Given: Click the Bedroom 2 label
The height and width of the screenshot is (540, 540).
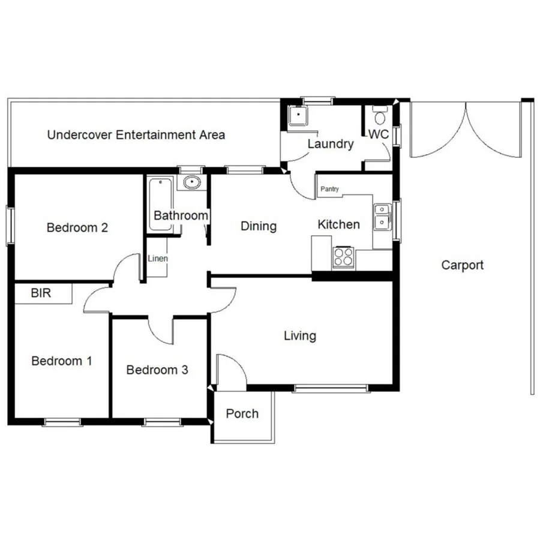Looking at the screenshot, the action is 77,228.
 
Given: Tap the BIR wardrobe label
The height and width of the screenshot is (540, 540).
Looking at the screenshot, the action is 41,293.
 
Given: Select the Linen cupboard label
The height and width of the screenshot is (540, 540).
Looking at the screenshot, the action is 158,259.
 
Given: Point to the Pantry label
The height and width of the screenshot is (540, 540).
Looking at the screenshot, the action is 329,189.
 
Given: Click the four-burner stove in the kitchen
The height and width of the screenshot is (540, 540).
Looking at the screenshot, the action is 343,257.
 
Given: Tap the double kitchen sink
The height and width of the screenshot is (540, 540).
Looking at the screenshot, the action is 382,217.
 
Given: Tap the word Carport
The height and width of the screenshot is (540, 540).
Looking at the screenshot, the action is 462,265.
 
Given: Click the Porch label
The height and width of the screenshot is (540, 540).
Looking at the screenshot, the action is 242,413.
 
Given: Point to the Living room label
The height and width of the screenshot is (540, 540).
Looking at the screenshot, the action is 300,335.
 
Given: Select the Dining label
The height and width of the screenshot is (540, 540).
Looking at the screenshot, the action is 259,226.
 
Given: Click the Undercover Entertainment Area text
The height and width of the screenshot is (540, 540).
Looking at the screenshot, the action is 136,134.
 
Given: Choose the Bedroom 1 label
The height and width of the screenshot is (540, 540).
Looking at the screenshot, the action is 62,361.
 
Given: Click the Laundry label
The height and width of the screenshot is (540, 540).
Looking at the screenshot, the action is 331,144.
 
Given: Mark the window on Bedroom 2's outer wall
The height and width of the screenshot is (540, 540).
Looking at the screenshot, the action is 10,225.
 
